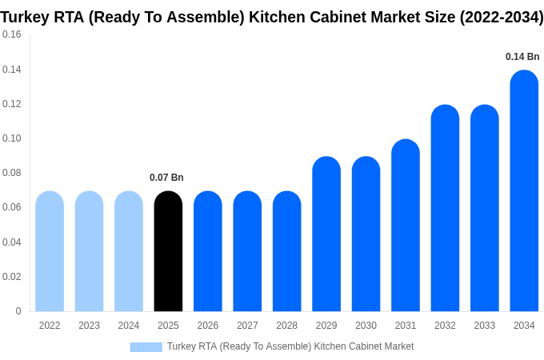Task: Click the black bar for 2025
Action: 168,251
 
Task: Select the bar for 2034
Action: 524,191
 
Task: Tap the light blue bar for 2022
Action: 50,251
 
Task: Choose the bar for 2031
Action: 406,226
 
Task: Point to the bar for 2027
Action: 247,251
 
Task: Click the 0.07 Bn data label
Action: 166,178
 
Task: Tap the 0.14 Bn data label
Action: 522,57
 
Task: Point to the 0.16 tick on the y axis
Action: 12,35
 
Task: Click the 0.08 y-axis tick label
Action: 12,173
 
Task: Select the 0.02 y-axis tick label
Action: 12,277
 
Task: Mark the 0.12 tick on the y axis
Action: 12,104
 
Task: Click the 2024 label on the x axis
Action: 129,326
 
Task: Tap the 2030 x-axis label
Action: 366,326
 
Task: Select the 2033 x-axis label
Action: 484,326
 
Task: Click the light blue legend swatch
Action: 146,347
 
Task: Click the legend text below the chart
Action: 290,346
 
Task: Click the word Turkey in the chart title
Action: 26,17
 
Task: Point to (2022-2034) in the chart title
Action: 501,17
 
